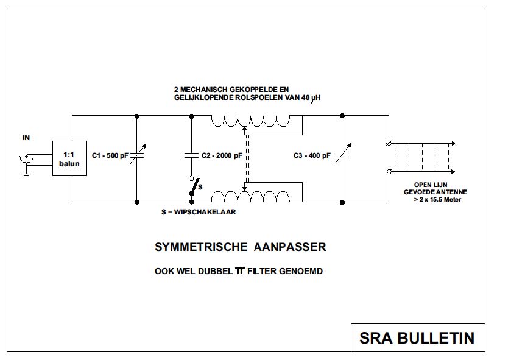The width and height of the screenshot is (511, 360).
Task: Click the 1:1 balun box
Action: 69,158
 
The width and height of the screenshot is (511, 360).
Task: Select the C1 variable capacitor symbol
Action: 136,156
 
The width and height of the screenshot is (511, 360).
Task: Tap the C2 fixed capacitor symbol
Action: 192,156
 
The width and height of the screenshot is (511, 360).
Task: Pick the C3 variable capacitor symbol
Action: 342,156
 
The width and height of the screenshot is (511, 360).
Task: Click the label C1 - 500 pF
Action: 109,157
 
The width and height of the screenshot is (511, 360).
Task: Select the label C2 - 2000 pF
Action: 222,157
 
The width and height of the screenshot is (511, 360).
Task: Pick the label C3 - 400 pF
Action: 312,157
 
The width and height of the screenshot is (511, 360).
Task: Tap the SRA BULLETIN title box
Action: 417,337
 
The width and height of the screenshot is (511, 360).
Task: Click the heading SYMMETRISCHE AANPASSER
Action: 241,247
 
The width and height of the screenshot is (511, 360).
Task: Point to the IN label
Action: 26,138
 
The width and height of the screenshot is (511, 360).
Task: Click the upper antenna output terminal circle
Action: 389,144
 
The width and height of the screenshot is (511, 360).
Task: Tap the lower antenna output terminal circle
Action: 389,173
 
